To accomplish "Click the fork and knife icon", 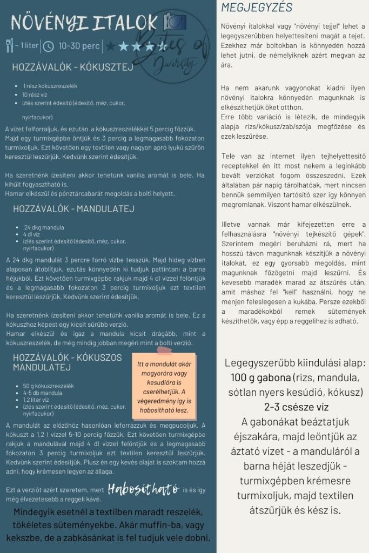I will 9,45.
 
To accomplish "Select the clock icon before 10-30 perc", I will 48,46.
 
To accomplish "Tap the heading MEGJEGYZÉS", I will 257,8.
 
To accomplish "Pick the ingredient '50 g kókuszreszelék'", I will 48,386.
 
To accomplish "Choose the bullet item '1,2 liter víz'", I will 38,400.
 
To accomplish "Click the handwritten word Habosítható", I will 143,489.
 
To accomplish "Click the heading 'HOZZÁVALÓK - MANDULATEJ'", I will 73,208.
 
